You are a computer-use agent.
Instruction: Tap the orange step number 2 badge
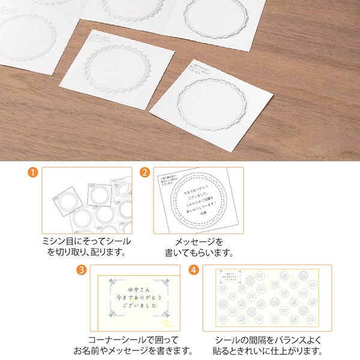(145, 173)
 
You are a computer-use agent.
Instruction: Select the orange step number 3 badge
(81, 269)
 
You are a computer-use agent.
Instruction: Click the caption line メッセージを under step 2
(198, 241)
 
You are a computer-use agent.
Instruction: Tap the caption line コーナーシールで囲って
(138, 338)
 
